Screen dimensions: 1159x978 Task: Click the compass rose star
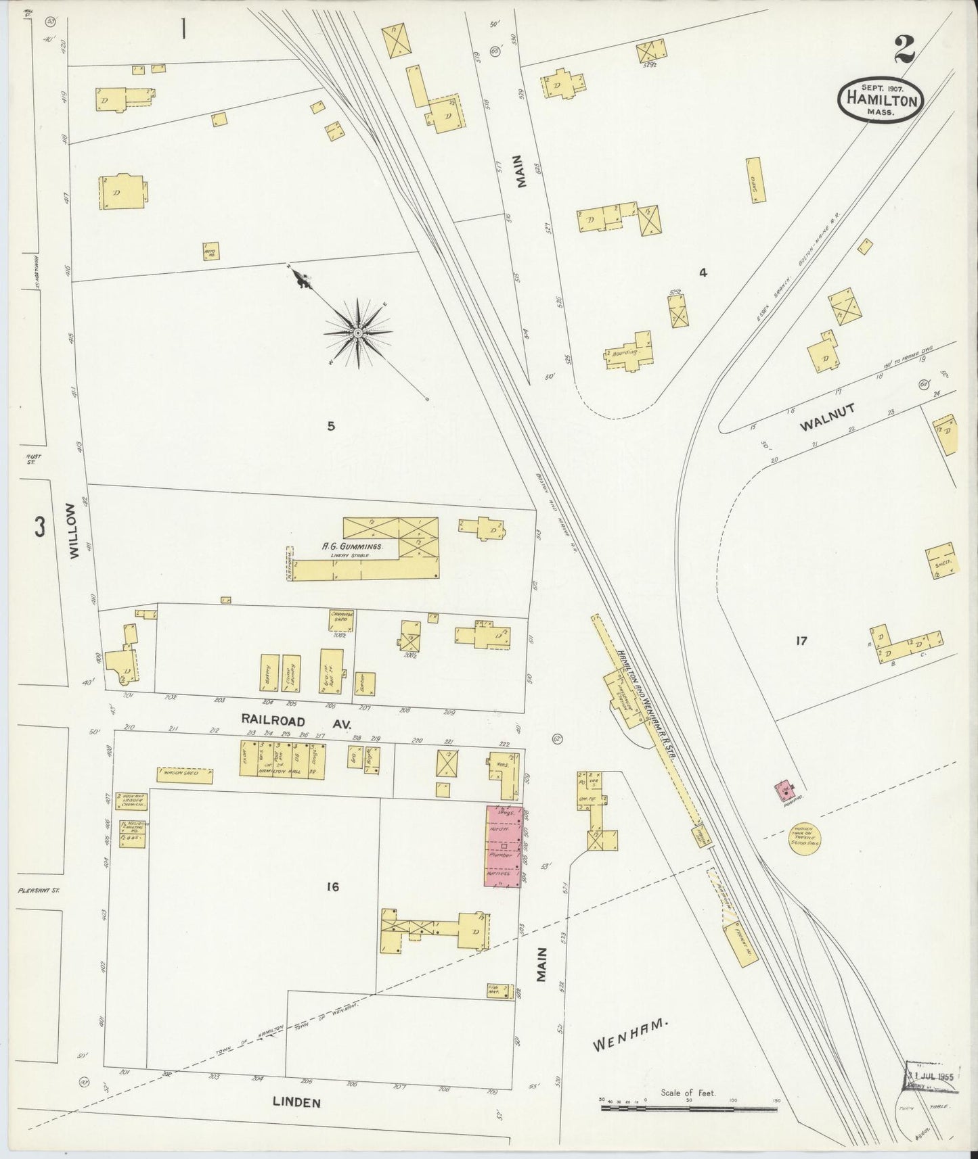click(x=357, y=333)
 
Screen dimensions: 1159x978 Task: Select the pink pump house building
click(x=786, y=789)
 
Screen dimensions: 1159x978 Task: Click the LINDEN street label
click(x=295, y=1102)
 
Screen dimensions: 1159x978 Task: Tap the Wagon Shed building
click(x=185, y=775)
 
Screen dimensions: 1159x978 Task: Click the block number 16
click(x=331, y=886)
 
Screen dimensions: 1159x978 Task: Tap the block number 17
click(x=801, y=640)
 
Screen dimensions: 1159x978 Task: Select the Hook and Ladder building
click(x=131, y=801)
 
